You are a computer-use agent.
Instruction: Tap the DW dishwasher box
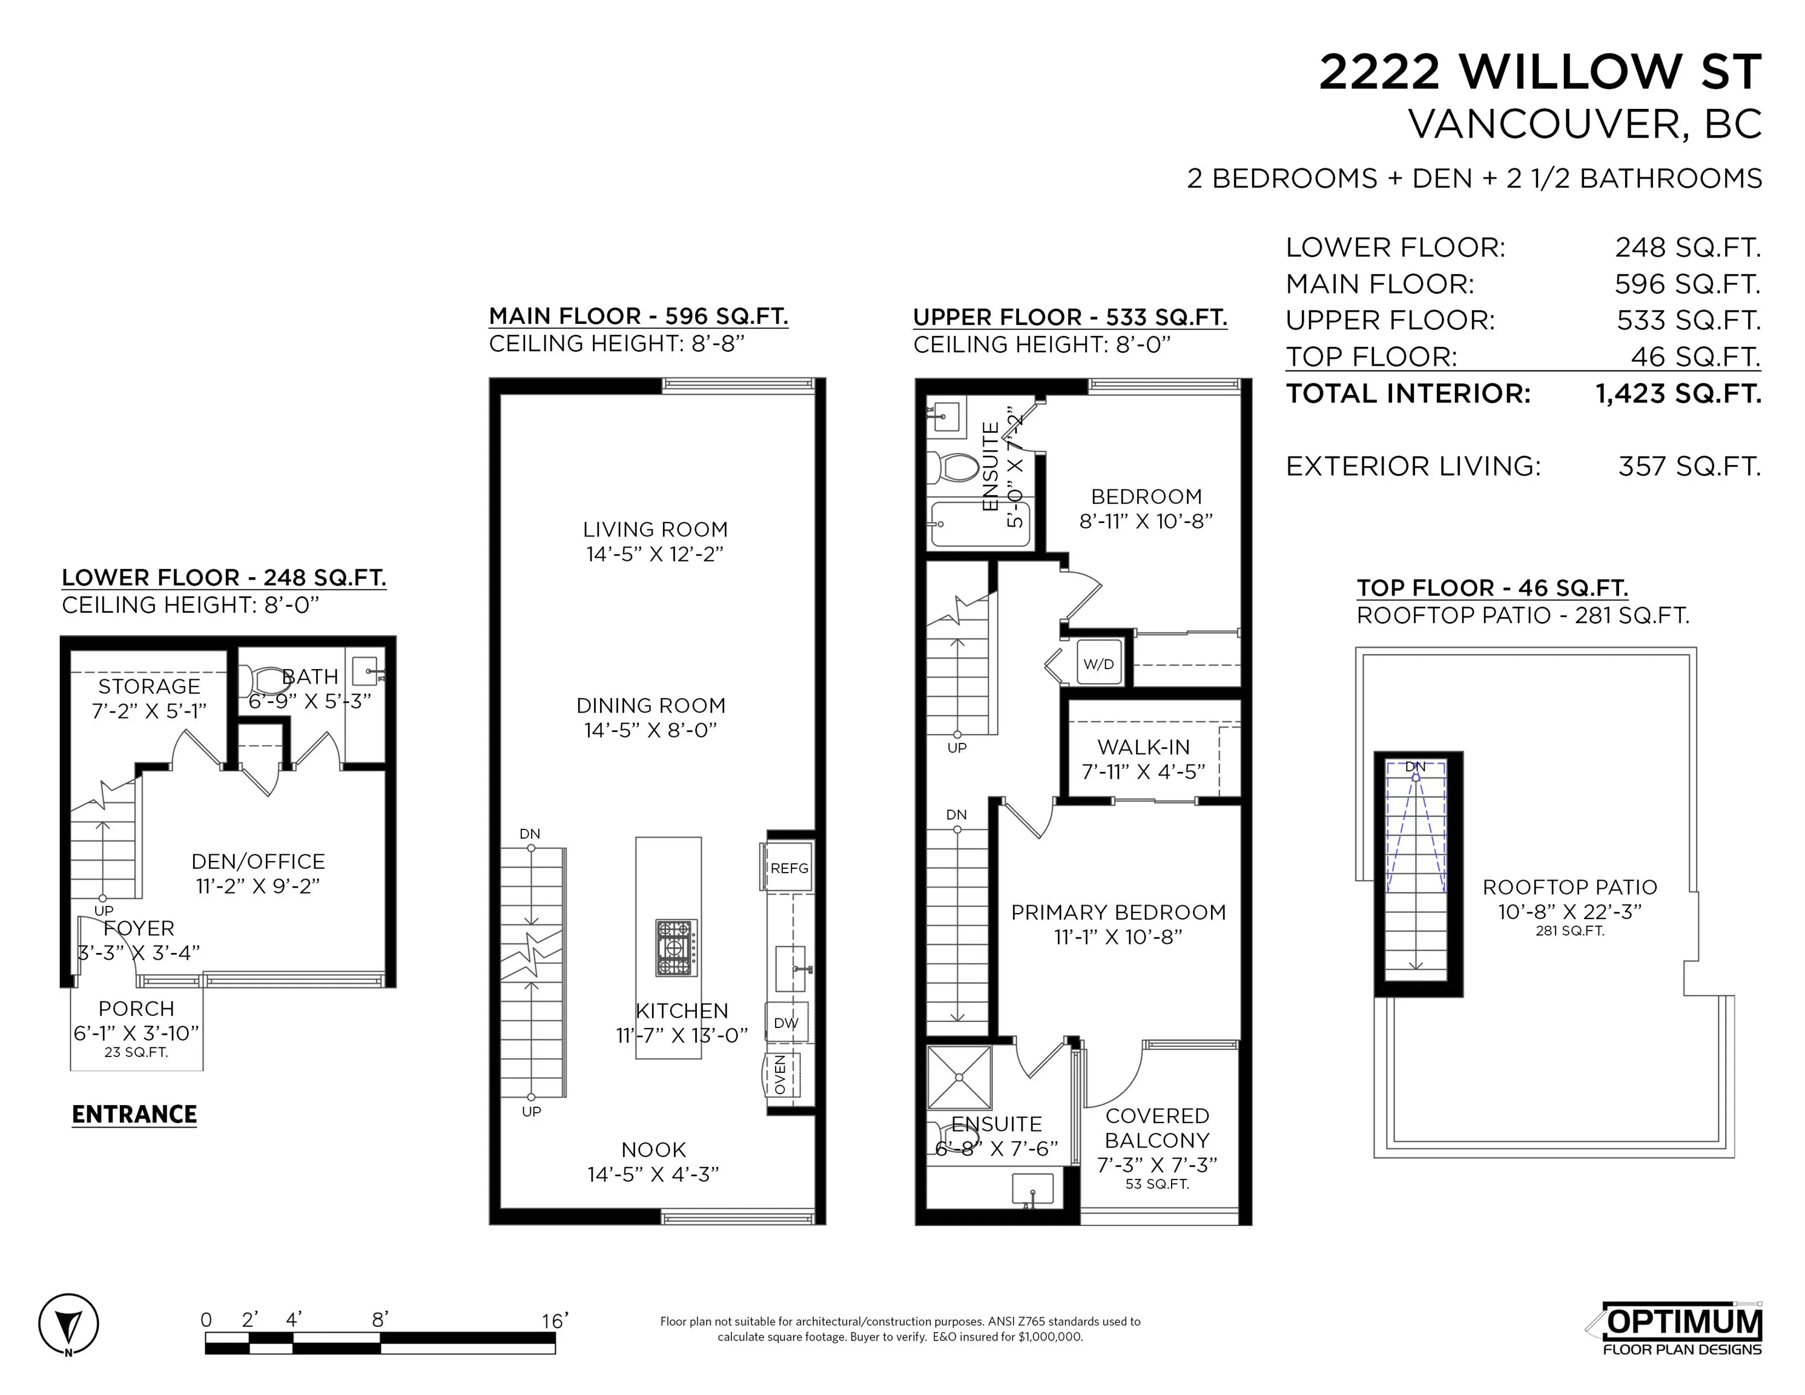click(786, 1023)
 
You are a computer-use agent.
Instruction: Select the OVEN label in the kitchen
click(780, 1074)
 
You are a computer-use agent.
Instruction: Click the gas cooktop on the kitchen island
click(676, 948)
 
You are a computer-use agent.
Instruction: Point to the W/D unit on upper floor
click(1098, 664)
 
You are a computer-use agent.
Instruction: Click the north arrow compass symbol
click(68, 1325)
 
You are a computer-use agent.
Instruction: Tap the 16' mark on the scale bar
click(555, 1321)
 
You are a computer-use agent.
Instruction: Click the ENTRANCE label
click(134, 1114)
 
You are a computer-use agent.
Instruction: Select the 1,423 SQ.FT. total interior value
click(1678, 394)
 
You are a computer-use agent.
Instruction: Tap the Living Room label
click(655, 530)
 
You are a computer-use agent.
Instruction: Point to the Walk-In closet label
click(1143, 747)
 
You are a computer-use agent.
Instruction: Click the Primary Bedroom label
click(1118, 912)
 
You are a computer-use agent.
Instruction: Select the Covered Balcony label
click(1157, 1128)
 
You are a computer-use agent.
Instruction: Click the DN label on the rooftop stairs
click(1416, 766)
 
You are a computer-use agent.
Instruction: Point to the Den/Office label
click(258, 861)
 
